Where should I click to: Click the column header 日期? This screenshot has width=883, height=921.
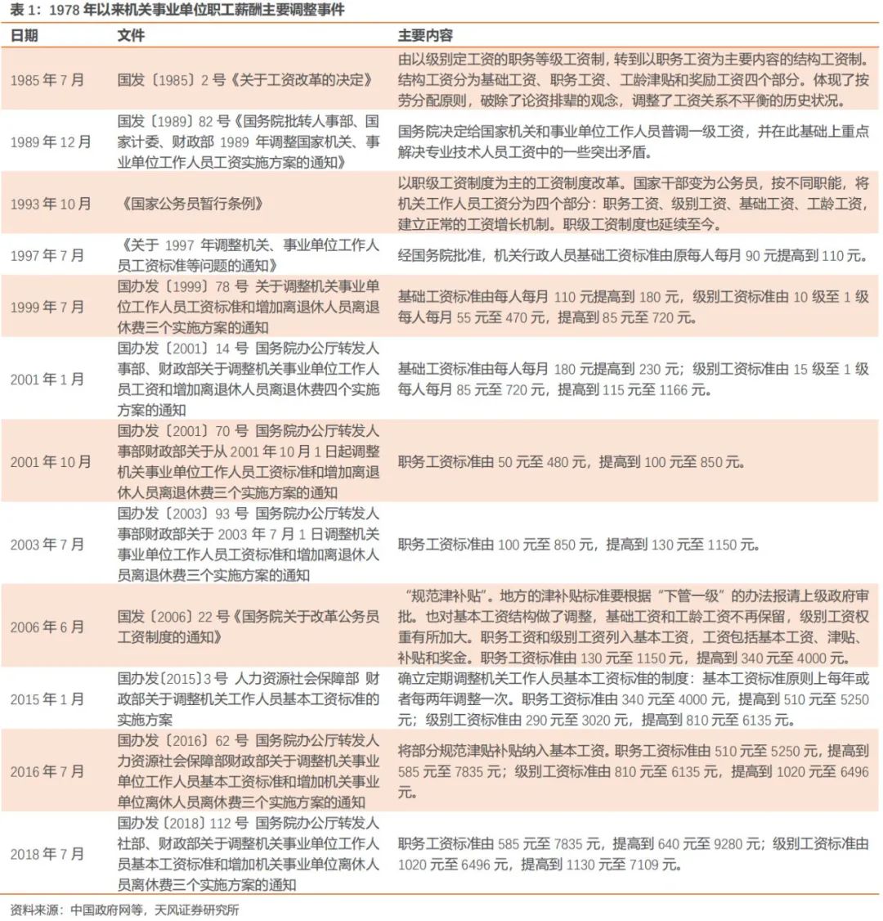(24, 36)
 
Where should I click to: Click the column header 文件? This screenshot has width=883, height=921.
(131, 36)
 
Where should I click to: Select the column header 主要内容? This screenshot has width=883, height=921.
(425, 36)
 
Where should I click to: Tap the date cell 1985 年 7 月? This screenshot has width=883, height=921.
(47, 80)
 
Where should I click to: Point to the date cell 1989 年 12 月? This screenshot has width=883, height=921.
(51, 142)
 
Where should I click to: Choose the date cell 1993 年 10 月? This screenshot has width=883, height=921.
(51, 204)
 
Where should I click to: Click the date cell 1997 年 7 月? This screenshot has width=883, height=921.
(47, 255)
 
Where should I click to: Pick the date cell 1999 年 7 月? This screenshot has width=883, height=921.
(47, 307)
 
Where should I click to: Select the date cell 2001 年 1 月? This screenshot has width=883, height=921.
(47, 380)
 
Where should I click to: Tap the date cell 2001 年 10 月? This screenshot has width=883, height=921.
(51, 462)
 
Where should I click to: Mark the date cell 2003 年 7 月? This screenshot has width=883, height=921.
(47, 544)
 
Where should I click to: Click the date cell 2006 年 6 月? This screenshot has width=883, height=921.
(47, 627)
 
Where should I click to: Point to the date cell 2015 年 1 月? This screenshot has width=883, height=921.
(47, 699)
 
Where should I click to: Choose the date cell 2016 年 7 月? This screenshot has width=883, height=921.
(47, 771)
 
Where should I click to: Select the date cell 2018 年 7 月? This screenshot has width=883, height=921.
(47, 854)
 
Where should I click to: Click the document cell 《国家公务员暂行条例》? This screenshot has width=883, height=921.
(191, 204)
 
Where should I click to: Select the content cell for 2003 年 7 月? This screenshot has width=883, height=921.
(579, 544)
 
